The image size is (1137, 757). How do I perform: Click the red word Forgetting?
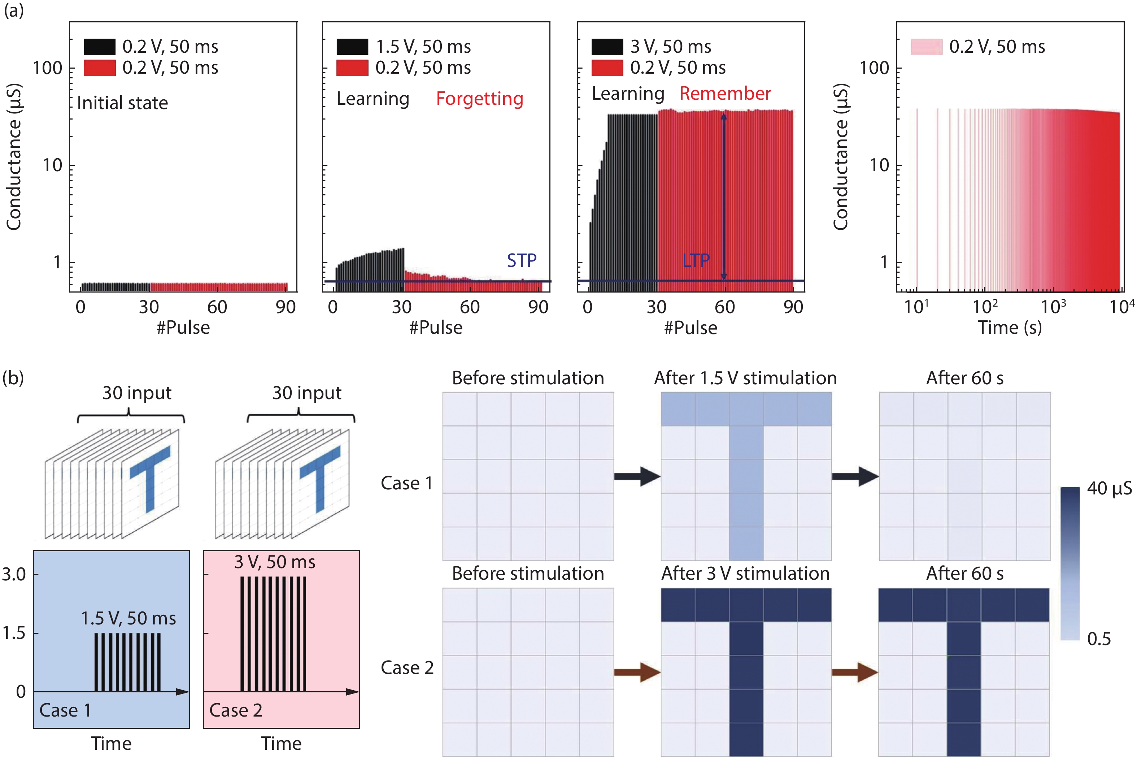tap(479, 99)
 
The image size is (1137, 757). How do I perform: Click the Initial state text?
tap(122, 103)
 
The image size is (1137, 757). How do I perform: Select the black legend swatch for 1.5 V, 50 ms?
tap(352, 47)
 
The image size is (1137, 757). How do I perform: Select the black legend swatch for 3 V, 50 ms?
tap(607, 47)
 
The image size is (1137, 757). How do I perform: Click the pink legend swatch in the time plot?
tap(926, 47)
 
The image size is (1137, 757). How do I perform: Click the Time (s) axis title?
tap(1009, 328)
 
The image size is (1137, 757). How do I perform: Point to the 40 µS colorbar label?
tap(1109, 489)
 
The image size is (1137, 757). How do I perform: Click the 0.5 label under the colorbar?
tap(1098, 639)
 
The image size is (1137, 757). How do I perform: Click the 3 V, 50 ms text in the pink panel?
tap(274, 562)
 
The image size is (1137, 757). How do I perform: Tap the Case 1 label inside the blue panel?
tap(65, 710)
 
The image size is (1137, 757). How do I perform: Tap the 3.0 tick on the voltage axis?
tap(14, 575)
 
